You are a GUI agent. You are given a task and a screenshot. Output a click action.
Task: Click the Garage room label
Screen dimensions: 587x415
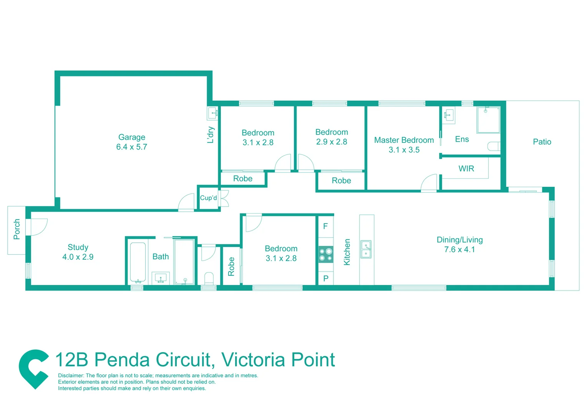[x=132, y=137]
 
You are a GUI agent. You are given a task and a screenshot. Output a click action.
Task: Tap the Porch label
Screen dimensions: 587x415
[x=17, y=229]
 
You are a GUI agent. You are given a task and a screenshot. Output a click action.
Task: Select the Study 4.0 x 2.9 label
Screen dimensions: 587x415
[x=78, y=252]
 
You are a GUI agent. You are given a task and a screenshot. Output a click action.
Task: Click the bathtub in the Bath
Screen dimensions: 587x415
[x=138, y=262]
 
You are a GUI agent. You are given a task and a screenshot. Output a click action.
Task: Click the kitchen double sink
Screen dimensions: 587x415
[x=366, y=249]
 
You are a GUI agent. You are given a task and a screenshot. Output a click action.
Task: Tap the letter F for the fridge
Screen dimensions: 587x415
[x=325, y=226]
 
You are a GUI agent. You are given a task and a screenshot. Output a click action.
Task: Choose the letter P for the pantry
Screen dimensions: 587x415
[x=326, y=278]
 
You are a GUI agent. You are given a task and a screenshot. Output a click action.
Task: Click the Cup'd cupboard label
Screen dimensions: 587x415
[x=208, y=198]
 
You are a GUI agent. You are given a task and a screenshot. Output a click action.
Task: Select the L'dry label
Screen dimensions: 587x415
[x=211, y=134]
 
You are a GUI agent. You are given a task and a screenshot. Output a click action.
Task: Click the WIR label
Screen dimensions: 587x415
[x=466, y=169]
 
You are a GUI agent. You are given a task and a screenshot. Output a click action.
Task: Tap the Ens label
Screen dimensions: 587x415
[x=462, y=139]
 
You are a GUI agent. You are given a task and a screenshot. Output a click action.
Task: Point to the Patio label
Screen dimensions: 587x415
[x=542, y=142]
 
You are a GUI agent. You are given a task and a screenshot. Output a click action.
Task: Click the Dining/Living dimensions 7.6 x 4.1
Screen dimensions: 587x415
[x=459, y=249]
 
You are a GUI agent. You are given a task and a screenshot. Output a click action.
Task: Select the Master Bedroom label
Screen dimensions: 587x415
[x=404, y=140]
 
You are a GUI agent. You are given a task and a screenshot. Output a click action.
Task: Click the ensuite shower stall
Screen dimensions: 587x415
[x=488, y=120]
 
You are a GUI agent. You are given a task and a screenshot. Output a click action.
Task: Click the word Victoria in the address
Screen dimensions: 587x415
[x=253, y=360]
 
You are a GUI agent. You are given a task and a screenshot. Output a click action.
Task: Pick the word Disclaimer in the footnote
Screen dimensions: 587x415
[x=71, y=375]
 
